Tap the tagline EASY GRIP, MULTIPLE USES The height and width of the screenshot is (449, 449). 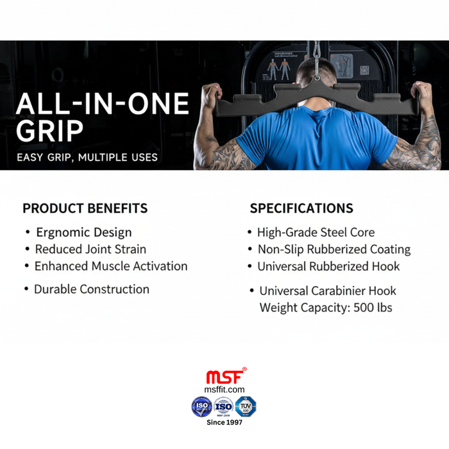point(87,157)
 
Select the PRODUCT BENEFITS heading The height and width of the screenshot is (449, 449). point(85,208)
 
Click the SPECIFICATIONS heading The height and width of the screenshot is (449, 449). point(301,208)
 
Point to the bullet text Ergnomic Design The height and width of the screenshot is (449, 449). point(84,232)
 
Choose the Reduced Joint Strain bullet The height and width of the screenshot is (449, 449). point(90,249)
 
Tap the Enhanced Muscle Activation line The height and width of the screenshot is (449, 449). point(111,266)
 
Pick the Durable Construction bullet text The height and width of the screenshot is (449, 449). point(92,289)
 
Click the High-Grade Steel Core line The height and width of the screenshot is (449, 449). point(316,232)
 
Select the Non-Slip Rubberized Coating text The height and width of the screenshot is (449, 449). point(334,249)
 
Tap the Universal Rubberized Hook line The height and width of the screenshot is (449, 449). point(328,266)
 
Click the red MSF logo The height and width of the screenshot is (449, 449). point(224,377)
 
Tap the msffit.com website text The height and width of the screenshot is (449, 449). point(224,389)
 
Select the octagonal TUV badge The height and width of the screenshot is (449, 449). point(246,406)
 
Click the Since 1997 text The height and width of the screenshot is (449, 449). point(224,421)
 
